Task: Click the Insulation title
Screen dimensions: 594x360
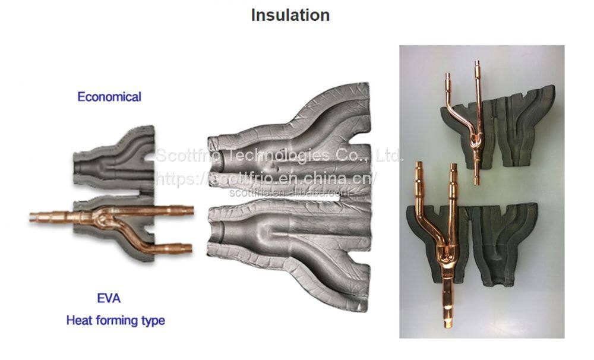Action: tap(290, 15)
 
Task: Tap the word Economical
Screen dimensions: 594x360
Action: tap(109, 97)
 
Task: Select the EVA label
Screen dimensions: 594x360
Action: tap(109, 298)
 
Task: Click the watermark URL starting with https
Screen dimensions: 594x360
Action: tap(266, 178)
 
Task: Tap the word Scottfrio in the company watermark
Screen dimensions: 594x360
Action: tap(188, 156)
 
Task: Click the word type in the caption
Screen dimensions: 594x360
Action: tap(153, 321)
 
